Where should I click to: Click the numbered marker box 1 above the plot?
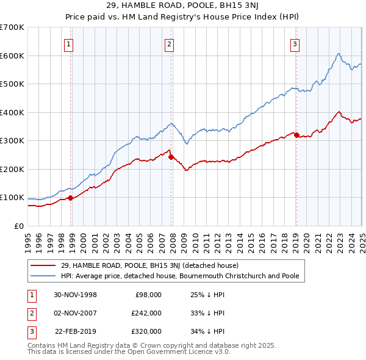click(x=69, y=43)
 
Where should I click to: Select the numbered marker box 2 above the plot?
click(x=169, y=43)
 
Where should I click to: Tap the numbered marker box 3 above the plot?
click(x=295, y=43)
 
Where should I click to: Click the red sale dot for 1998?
click(x=71, y=198)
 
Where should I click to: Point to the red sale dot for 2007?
click(x=170, y=157)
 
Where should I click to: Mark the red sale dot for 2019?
click(x=296, y=135)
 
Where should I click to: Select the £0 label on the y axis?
click(x=19, y=226)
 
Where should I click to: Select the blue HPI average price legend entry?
click(x=179, y=276)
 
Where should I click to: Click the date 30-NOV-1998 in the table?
click(x=76, y=294)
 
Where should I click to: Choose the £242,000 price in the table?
click(x=146, y=313)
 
